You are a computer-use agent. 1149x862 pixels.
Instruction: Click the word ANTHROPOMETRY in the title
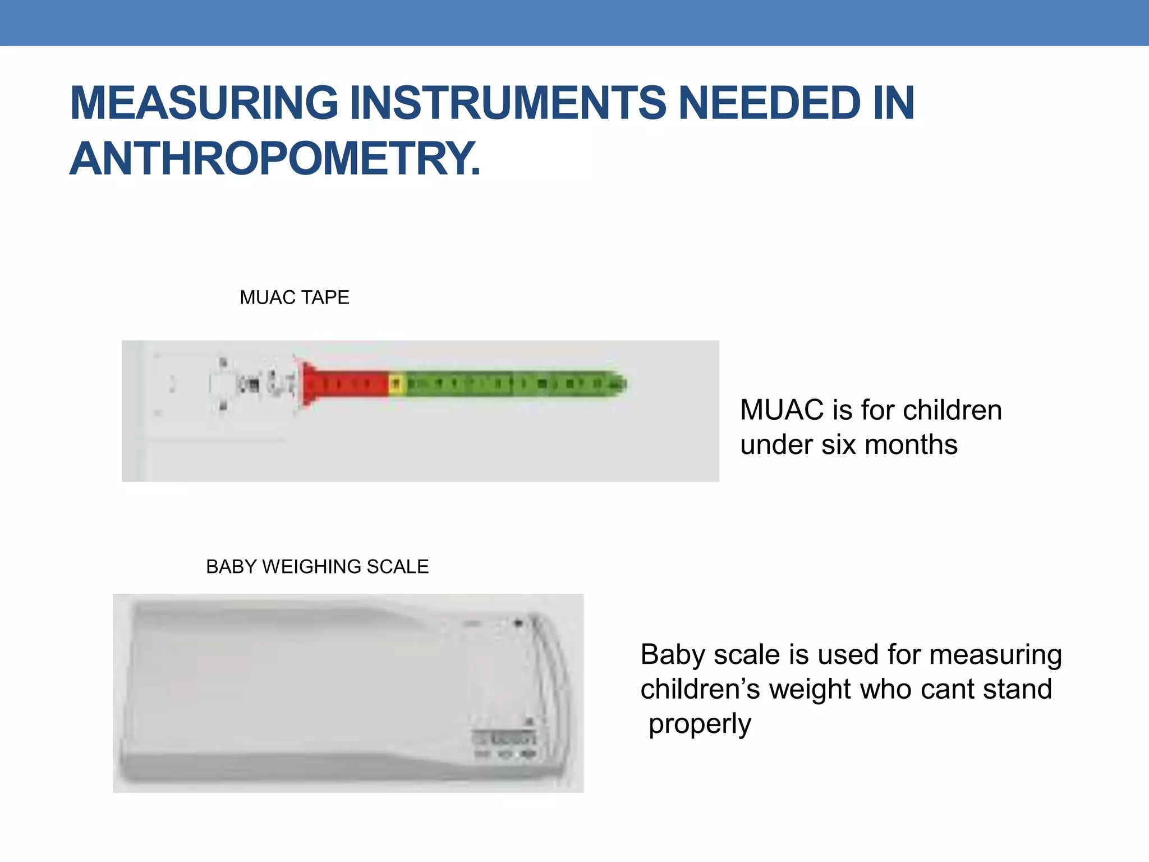[275, 159]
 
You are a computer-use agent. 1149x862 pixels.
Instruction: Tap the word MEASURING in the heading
[204, 103]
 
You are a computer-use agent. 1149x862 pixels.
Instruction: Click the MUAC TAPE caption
[294, 297]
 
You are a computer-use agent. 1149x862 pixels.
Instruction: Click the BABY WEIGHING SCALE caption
[317, 567]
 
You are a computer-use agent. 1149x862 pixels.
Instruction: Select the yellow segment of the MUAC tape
[396, 384]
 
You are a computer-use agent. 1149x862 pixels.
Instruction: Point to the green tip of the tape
[617, 384]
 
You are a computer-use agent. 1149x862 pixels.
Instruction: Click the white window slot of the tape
[223, 385]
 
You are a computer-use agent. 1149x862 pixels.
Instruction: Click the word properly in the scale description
[700, 724]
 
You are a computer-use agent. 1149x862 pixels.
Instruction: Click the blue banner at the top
[574, 22]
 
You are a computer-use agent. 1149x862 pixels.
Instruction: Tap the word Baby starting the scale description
[673, 655]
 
